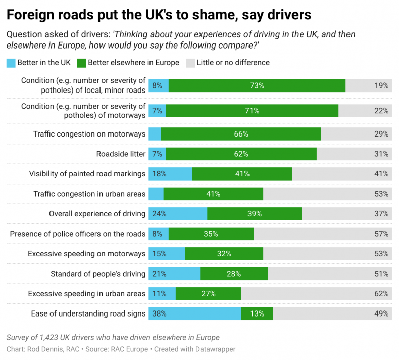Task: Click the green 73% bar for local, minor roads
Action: [x=257, y=85]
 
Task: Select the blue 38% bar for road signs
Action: [x=194, y=313]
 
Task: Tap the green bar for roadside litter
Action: [x=241, y=154]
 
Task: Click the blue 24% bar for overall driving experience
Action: [x=178, y=214]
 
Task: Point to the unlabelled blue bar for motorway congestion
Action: [x=155, y=134]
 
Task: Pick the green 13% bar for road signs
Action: [x=257, y=313]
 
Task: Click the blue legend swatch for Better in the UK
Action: [x=11, y=63]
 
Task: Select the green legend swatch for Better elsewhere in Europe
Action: [x=81, y=63]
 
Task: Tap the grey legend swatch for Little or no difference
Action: [x=190, y=63]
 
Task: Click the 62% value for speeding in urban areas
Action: [x=381, y=293]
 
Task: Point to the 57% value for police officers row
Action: [x=381, y=234]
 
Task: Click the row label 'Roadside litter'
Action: [x=121, y=154]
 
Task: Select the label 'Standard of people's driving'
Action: [x=98, y=274]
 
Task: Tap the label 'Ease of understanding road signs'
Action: [x=88, y=313]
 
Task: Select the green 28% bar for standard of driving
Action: [x=234, y=274]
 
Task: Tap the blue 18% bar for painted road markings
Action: [x=170, y=174]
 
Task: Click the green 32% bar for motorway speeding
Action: [x=224, y=253]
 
